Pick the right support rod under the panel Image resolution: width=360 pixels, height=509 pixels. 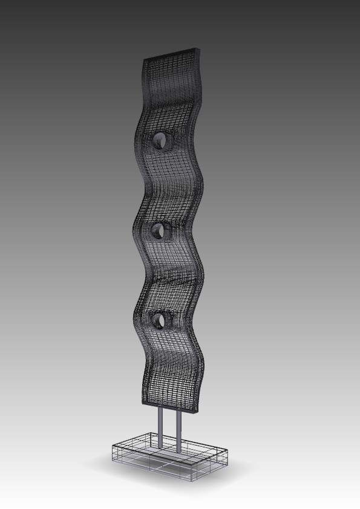coord(179,432)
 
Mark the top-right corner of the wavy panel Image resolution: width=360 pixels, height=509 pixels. coord(199,48)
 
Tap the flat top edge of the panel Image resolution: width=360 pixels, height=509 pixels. coord(171,53)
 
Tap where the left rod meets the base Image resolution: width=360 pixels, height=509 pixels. coord(160,447)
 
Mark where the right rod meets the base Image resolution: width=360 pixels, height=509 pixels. coord(179,452)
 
